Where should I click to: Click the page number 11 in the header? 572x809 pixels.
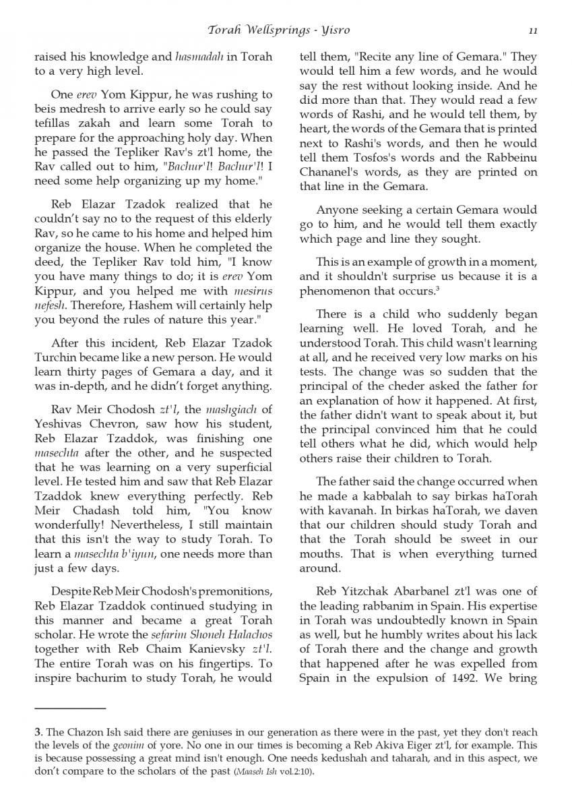532,30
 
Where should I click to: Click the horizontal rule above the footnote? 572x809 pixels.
70,709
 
